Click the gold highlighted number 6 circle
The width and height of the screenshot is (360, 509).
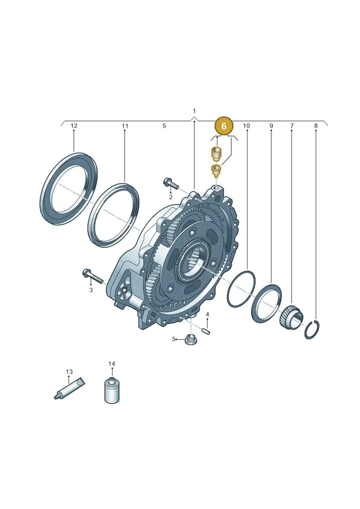pyautogui.click(x=224, y=126)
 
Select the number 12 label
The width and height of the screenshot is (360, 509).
pyautogui.click(x=74, y=126)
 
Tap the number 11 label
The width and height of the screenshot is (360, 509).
pyautogui.click(x=125, y=126)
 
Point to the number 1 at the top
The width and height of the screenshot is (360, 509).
pyautogui.click(x=194, y=111)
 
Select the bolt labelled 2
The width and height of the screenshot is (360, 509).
pyautogui.click(x=171, y=184)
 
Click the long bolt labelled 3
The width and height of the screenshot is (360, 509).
pyautogui.click(x=93, y=276)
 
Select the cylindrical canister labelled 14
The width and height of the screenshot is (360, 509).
pyautogui.click(x=112, y=390)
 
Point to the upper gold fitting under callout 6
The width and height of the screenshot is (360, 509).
pyautogui.click(x=216, y=153)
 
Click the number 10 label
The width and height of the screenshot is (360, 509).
pyautogui.click(x=247, y=126)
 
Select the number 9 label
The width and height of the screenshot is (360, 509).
pyautogui.click(x=271, y=126)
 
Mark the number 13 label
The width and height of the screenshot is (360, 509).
pyautogui.click(x=69, y=372)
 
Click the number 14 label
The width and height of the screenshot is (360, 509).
pyautogui.click(x=112, y=364)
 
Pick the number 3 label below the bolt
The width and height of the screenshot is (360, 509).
pyautogui.click(x=91, y=290)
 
